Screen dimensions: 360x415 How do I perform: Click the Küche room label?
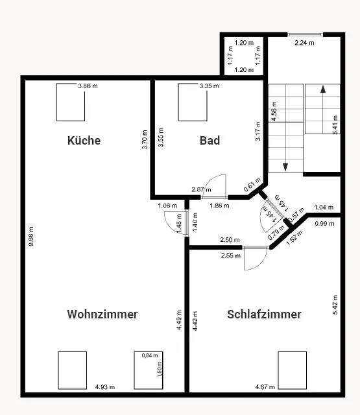[x=84, y=140]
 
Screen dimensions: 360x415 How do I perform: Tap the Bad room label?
[x=210, y=140]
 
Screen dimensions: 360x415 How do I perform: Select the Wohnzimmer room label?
[x=102, y=314]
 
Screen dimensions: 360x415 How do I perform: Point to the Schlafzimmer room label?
[x=264, y=314]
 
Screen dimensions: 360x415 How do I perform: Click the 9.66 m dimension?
[x=31, y=236]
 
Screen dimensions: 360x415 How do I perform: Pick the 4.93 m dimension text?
[x=105, y=387]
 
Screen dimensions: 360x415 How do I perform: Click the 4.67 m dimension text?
[x=265, y=387]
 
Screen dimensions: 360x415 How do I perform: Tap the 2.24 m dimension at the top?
[x=304, y=43]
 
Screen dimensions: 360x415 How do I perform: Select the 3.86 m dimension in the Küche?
[x=88, y=86]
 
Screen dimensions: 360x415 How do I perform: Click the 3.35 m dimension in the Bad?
[x=209, y=86]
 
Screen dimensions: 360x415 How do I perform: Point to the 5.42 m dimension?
[x=335, y=304]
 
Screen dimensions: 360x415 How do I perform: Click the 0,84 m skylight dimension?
[x=150, y=355]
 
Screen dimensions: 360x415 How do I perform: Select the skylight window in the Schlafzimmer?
[x=293, y=370]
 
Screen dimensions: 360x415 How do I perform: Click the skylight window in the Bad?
[x=193, y=102]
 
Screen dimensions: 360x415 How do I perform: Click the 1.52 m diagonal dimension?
[x=294, y=238]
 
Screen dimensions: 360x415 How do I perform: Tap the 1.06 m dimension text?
[x=167, y=206]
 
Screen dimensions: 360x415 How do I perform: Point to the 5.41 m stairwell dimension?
[x=335, y=124]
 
